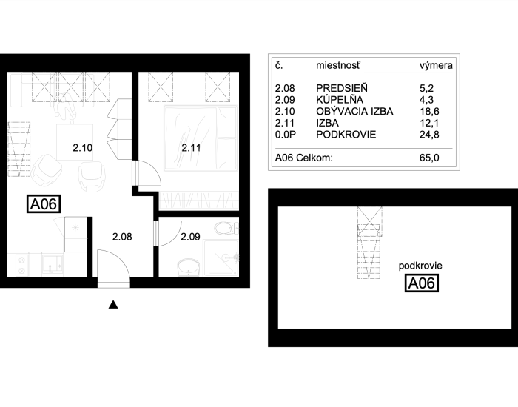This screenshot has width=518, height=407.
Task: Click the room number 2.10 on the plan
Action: (x=83, y=148)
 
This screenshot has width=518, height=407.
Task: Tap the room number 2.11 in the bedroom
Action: (x=191, y=148)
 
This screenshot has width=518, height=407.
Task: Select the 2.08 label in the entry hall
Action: (x=122, y=237)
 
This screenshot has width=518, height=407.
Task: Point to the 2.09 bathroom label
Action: (x=190, y=237)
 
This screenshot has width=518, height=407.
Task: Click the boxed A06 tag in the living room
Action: (x=44, y=203)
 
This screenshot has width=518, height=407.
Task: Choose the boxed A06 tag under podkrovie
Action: (x=422, y=283)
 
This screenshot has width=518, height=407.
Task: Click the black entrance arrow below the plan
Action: (x=113, y=305)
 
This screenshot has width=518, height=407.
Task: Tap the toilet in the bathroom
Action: (x=226, y=228)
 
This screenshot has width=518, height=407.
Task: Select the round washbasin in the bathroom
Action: (x=189, y=267)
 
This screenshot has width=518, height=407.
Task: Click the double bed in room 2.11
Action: (x=201, y=138)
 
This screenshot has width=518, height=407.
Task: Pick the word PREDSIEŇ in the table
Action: (x=342, y=88)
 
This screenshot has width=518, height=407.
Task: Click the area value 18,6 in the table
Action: (x=429, y=111)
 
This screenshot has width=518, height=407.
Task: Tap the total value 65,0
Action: (x=429, y=158)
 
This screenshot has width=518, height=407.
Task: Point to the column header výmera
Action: (x=436, y=65)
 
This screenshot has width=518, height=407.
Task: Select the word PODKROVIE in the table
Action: (x=346, y=135)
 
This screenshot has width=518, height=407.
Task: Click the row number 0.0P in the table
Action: (x=286, y=135)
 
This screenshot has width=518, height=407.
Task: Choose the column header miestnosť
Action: (x=338, y=65)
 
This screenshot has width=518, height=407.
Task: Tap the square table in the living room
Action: (x=75, y=142)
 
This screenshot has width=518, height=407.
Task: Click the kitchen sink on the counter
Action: (x=53, y=264)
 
